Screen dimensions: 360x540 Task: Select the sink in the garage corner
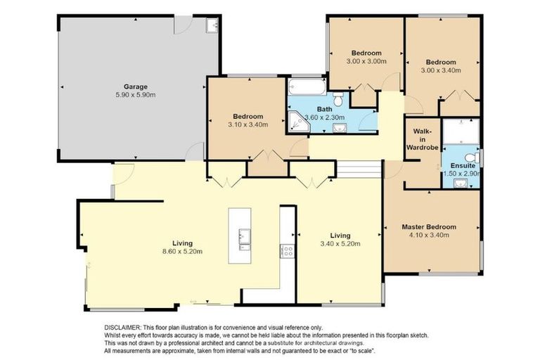[x=212, y=26]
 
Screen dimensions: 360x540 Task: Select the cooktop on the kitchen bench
[x=287, y=251]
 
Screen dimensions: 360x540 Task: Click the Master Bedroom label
[x=429, y=227]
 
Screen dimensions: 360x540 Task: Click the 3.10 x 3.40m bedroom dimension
[x=248, y=125]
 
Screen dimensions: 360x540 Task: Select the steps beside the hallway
[x=359, y=171]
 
